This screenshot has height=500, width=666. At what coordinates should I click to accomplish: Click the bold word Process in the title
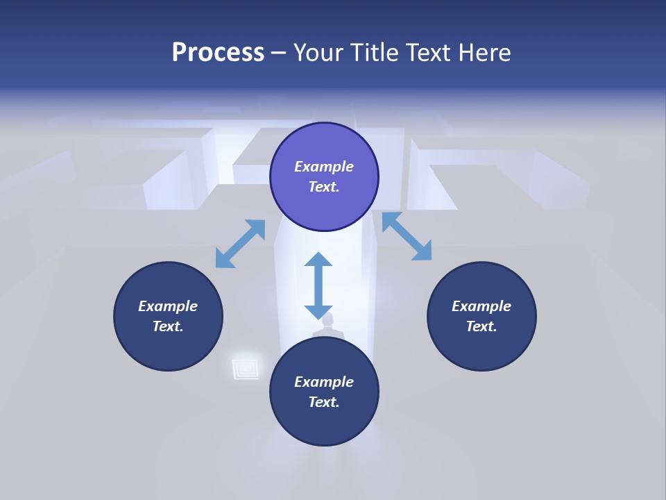click(218, 53)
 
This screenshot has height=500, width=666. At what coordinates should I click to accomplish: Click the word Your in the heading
click(319, 53)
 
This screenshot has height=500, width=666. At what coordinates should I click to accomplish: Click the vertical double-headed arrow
click(318, 286)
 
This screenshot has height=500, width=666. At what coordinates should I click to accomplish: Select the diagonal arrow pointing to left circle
click(240, 244)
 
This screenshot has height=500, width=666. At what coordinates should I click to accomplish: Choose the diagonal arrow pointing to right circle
click(407, 236)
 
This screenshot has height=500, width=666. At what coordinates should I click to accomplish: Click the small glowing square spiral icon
click(246, 367)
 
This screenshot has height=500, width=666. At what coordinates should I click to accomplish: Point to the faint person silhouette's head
click(327, 320)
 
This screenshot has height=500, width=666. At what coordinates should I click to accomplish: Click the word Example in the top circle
click(324, 167)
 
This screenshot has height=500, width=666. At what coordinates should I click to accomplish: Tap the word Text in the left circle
click(168, 326)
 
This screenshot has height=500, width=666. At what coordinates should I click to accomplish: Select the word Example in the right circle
click(481, 306)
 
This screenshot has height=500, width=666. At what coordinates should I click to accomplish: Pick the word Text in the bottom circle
click(324, 402)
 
